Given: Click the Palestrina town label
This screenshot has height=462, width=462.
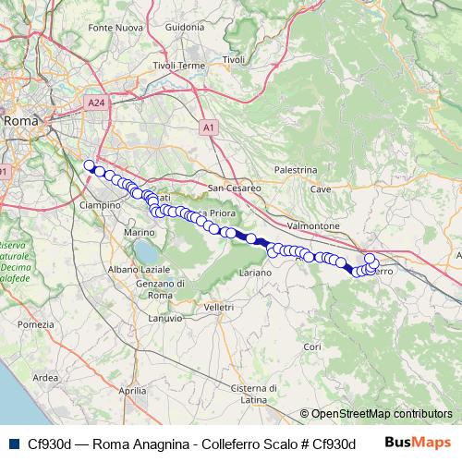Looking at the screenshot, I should coord(297,171).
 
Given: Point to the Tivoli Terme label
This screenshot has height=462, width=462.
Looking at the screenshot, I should coord(178,66).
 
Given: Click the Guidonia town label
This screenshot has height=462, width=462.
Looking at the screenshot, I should coord(184,28).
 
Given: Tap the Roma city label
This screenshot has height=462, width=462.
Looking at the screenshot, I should coord(19,121).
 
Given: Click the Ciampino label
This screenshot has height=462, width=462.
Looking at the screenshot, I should coord(101,204).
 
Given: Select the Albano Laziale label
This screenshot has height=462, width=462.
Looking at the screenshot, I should coord(135,268).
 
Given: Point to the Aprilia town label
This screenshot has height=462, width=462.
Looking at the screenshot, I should coord(133,392).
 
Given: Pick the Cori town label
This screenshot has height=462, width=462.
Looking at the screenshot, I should coord(311,346).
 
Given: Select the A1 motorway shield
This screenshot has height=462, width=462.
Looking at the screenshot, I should coord(209,127).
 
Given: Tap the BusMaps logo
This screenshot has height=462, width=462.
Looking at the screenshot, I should coord(423,443).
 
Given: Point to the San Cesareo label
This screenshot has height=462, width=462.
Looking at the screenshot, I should coord(235,188).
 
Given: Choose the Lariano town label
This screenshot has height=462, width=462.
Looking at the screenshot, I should coord(255,274).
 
